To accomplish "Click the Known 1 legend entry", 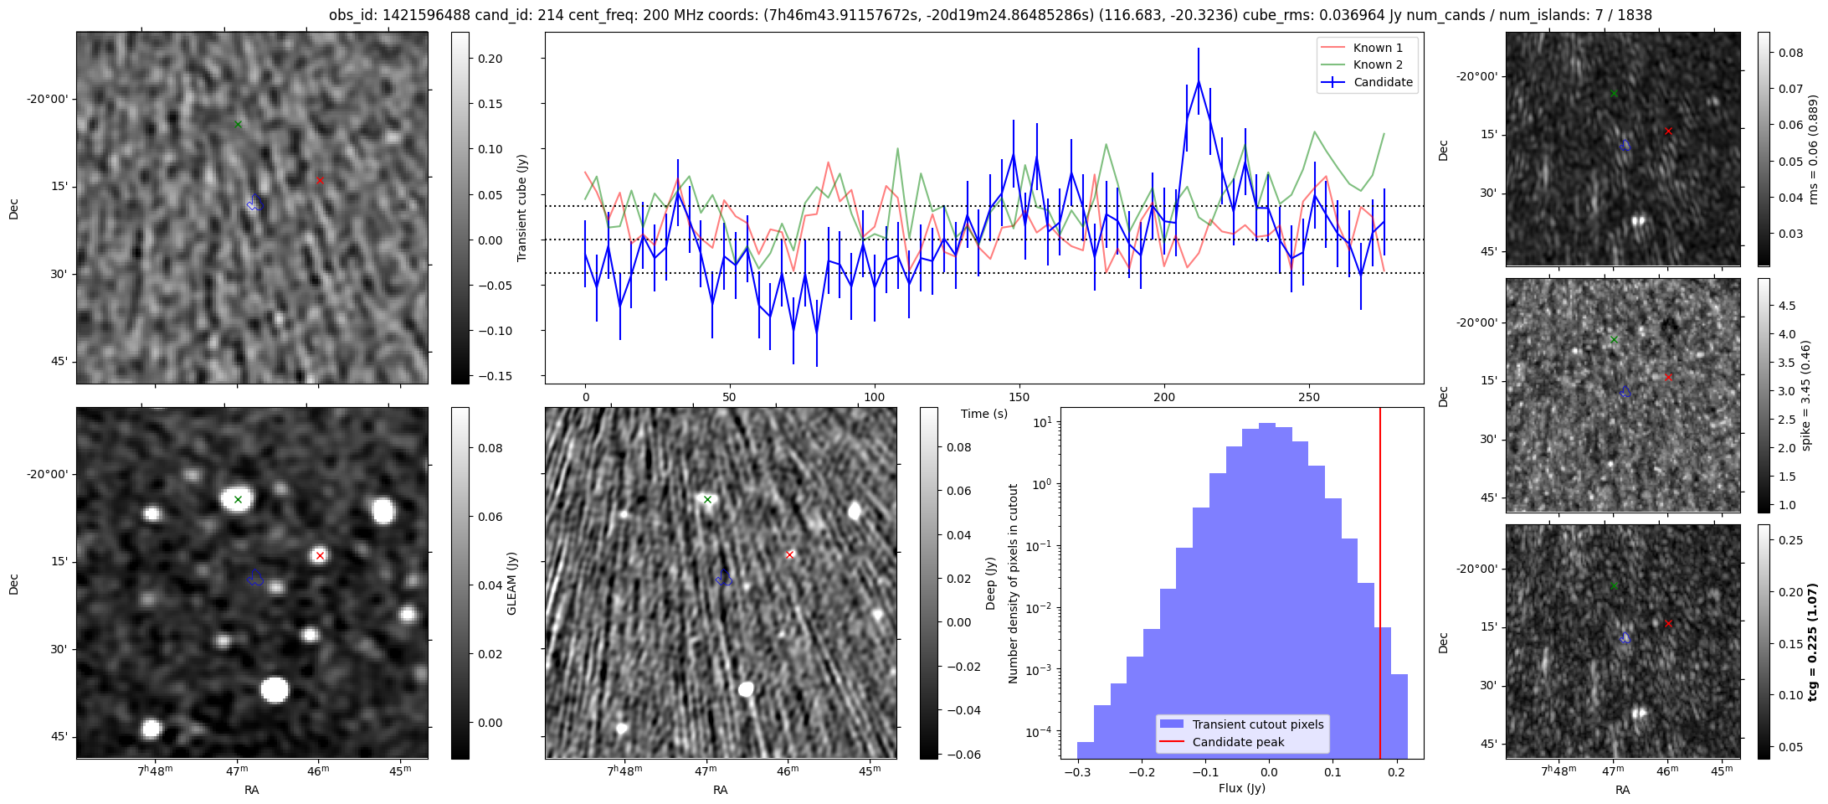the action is pyautogui.click(x=1365, y=48).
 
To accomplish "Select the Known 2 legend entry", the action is pyautogui.click(x=1365, y=64).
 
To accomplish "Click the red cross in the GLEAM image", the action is pyautogui.click(x=320, y=555).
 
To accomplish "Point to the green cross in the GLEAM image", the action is pyautogui.click(x=238, y=500).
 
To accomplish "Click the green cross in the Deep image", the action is pyautogui.click(x=707, y=500).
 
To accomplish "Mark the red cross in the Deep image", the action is pyautogui.click(x=789, y=554).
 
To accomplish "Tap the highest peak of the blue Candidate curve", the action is pyautogui.click(x=1199, y=81).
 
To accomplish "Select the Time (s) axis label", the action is pyautogui.click(x=984, y=414).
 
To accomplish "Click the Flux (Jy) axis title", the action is pyautogui.click(x=1242, y=788).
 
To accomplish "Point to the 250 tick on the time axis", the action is pyautogui.click(x=1309, y=397).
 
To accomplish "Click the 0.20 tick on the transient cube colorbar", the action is pyautogui.click(x=490, y=59).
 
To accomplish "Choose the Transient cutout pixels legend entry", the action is pyautogui.click(x=1258, y=724).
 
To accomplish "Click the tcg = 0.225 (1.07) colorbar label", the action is pyautogui.click(x=1813, y=642).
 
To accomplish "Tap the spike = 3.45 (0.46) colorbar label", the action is pyautogui.click(x=1805, y=395).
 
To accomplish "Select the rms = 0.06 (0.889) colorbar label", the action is pyautogui.click(x=1813, y=149).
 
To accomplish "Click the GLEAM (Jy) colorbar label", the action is pyautogui.click(x=512, y=583).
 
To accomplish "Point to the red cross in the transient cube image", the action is pyautogui.click(x=320, y=180).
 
